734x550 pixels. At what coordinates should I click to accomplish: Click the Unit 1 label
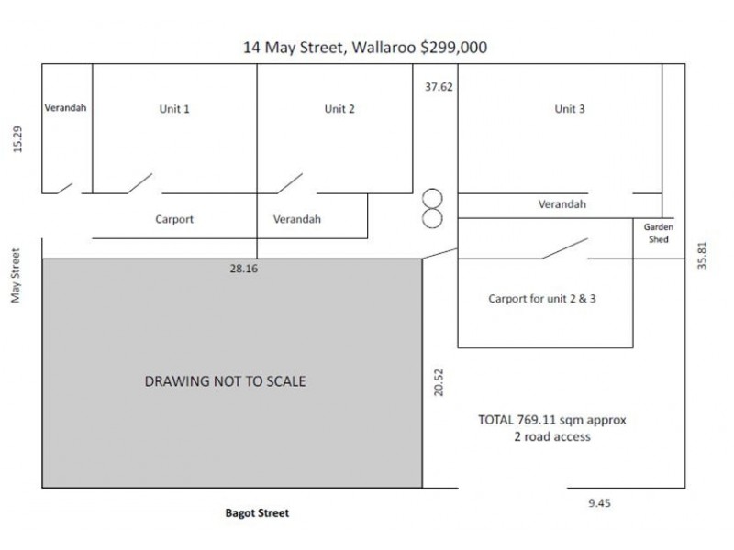tap(174, 109)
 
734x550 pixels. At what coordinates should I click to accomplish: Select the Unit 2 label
tap(339, 109)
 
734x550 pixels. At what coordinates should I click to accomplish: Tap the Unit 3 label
tap(570, 109)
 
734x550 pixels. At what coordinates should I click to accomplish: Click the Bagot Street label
tap(257, 513)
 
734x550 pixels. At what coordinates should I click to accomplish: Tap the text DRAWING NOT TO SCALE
tap(226, 381)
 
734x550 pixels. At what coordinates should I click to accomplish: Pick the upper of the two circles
tap(431, 198)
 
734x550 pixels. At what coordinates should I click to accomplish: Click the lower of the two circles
tap(431, 218)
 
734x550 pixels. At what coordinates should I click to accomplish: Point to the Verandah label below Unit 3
tap(562, 204)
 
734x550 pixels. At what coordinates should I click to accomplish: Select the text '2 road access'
tap(552, 437)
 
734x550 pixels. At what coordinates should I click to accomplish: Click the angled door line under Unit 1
tap(139, 183)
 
